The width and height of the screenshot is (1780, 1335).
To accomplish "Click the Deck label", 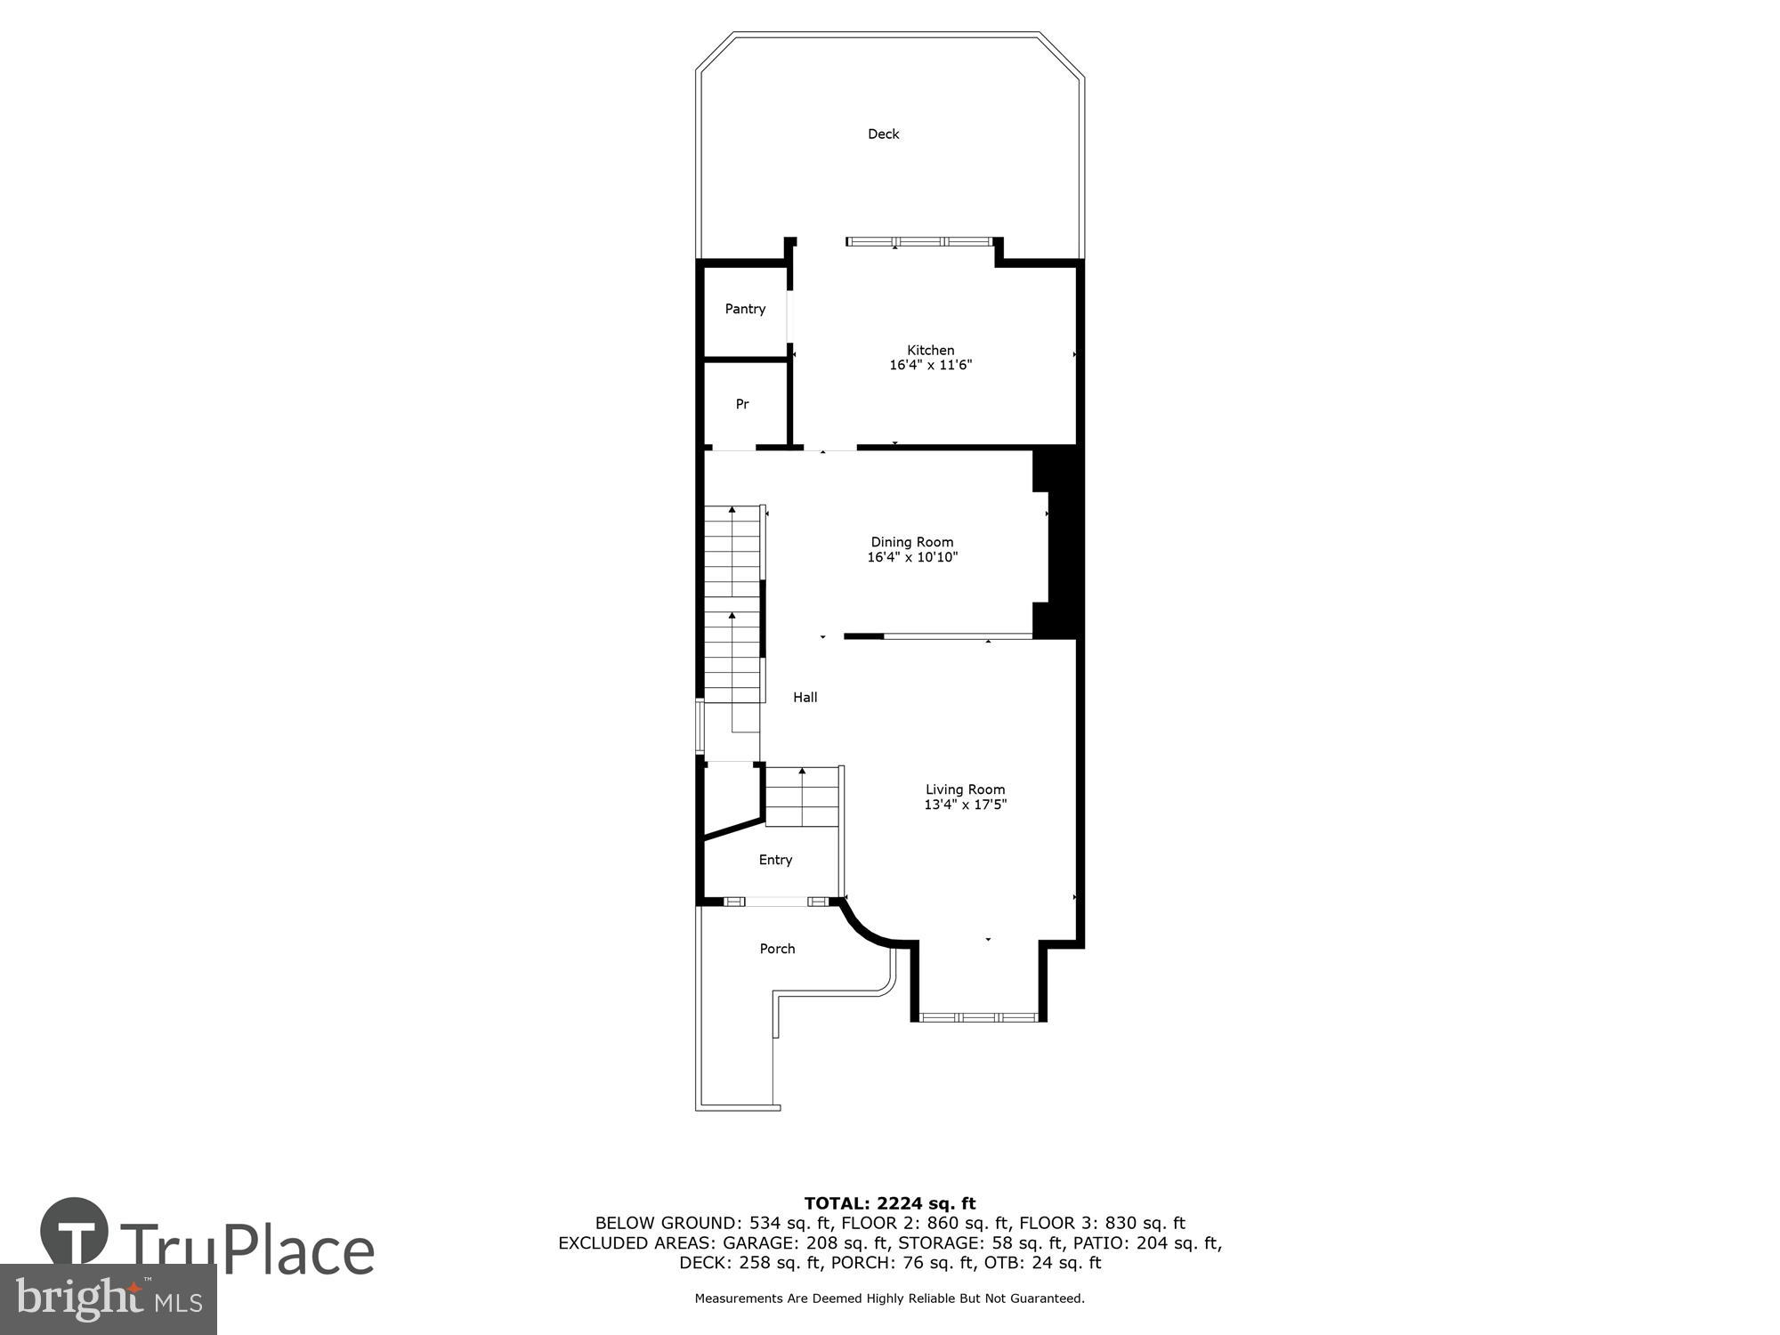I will [x=883, y=134].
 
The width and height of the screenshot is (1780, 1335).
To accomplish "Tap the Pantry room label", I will [x=745, y=309].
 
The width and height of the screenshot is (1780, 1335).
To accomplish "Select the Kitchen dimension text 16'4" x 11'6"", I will [x=930, y=365].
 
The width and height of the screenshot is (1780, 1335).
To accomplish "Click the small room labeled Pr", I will [x=742, y=404].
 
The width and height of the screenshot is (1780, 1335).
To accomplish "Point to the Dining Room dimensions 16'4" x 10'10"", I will [x=912, y=557].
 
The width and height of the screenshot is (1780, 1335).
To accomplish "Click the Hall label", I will [x=805, y=697].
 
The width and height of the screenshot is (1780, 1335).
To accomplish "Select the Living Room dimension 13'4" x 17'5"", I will [x=965, y=805].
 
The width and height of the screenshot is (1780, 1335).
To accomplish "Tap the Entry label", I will [x=775, y=860].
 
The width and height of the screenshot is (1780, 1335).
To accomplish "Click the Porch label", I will [x=777, y=949].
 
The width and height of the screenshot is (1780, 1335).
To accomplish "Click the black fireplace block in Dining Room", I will [x=1062, y=543].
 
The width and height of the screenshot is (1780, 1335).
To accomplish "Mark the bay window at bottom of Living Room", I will [x=978, y=1016].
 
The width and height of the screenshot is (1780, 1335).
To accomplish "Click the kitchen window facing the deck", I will [x=919, y=241].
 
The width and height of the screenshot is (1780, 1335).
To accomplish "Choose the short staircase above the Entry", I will [x=802, y=797].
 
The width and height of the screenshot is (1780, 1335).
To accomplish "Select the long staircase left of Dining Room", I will [x=732, y=605].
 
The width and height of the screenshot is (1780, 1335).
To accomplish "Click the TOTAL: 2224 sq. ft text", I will [x=889, y=1203].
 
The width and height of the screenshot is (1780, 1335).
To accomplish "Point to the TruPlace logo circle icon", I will [x=75, y=1233].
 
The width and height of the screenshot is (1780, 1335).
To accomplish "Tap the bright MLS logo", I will [x=108, y=1299].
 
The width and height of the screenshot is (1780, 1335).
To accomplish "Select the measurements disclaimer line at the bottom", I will [x=889, y=1299].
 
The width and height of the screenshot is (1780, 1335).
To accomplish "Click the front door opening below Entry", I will [x=776, y=902].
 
